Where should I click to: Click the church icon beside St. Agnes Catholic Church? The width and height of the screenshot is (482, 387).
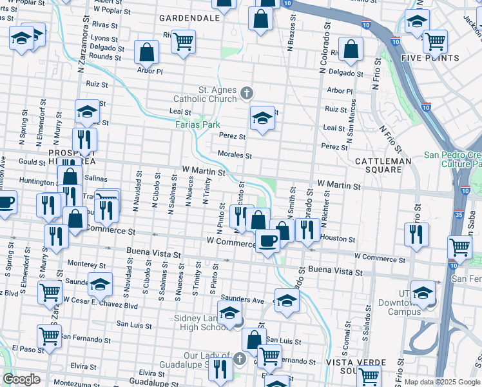click(246, 94)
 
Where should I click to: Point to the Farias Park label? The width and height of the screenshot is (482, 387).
click(198, 124)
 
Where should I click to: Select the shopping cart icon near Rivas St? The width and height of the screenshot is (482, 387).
click(184, 41)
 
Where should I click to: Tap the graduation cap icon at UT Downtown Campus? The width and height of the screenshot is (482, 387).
click(422, 293)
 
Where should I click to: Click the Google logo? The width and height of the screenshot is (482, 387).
click(21, 379)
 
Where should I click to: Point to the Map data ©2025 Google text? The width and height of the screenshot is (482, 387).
click(442, 382)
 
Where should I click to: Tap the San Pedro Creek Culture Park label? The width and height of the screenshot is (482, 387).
click(452, 160)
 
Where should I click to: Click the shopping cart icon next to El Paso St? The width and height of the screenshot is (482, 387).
click(49, 335)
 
